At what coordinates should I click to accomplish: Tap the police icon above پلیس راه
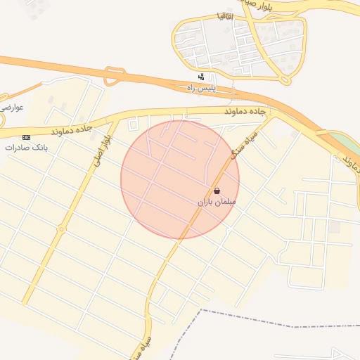(202, 77)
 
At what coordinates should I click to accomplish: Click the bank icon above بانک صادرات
(27, 136)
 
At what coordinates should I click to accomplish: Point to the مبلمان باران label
(217, 202)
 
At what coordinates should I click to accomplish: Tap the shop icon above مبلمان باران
(217, 191)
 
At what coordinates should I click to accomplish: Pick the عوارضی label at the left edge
(12, 107)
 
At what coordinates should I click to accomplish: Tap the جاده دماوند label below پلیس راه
(247, 111)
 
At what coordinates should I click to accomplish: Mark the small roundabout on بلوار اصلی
(62, 229)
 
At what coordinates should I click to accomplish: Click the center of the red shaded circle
(180, 179)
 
